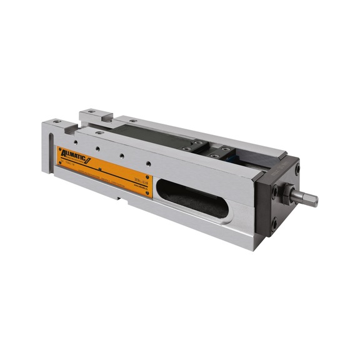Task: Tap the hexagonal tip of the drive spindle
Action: pos(311,200)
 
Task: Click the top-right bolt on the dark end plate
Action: pos(297,168)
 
